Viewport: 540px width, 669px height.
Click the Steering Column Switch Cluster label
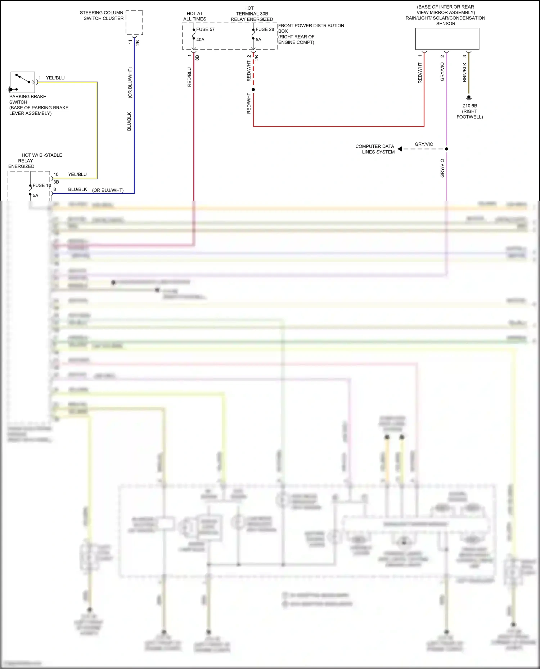pos(102,15)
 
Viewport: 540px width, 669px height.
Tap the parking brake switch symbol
pos(23,82)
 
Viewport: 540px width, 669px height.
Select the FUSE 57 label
pos(205,29)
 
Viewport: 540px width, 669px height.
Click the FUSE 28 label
pos(265,29)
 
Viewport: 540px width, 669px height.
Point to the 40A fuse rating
pos(200,40)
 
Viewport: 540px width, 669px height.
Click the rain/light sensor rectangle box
pos(447,39)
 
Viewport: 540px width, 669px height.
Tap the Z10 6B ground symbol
pos(469,97)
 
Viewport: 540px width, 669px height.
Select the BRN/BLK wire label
pos(465,72)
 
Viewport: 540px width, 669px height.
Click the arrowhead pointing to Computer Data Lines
pos(400,149)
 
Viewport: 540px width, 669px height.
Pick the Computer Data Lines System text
pos(375,149)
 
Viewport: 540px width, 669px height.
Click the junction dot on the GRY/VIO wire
pos(446,149)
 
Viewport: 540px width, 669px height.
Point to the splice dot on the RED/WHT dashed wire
pos(253,90)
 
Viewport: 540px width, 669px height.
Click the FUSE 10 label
pos(42,185)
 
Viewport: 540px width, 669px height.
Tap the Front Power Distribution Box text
pos(311,34)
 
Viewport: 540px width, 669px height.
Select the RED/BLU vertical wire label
pos(190,77)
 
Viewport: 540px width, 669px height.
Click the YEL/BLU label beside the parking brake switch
pos(55,78)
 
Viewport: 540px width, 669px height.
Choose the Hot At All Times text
pos(195,16)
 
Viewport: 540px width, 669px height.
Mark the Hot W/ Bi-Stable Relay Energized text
pos(35,161)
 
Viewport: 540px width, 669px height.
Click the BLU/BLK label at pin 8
pos(77,189)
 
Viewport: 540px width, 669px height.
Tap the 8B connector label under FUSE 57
pos(197,57)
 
